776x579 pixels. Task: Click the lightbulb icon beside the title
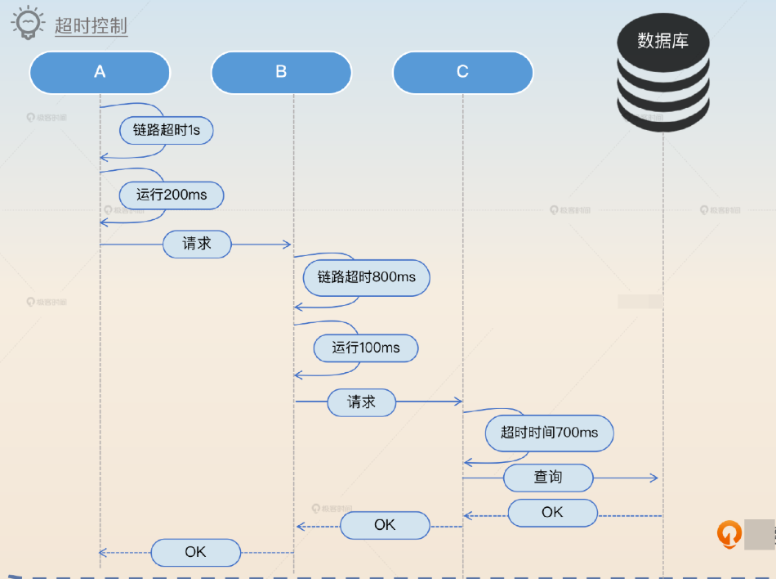click(27, 23)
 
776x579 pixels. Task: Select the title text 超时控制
click(91, 26)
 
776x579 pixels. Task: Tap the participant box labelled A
click(100, 72)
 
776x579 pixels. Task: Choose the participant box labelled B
click(281, 72)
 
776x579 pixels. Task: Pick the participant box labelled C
click(462, 72)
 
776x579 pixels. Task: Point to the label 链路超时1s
click(167, 130)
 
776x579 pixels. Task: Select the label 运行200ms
click(171, 195)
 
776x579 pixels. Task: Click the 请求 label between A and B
click(197, 244)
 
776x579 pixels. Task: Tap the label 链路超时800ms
click(366, 277)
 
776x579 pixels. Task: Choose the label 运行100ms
click(366, 348)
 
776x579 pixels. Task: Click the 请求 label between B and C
click(361, 402)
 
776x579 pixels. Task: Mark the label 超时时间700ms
click(549, 433)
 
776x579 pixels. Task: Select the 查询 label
click(548, 478)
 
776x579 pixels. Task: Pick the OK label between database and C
click(552, 513)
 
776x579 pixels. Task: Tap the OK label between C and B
click(385, 525)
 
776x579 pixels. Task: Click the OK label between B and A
click(195, 552)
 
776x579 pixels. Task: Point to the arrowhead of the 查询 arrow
click(653, 478)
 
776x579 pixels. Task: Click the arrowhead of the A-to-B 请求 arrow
click(287, 245)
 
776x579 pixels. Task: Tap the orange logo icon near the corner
click(729, 534)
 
